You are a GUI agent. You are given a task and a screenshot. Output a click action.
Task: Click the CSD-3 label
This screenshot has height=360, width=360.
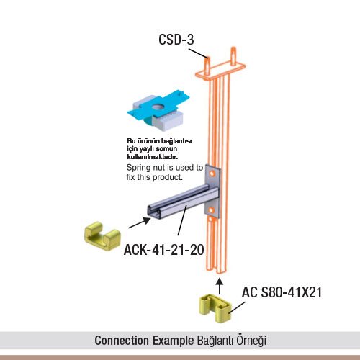(x=176, y=40)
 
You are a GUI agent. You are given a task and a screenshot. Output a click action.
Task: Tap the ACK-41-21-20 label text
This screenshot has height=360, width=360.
(x=164, y=250)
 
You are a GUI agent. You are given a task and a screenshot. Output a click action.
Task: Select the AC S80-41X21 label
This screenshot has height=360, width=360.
(x=282, y=292)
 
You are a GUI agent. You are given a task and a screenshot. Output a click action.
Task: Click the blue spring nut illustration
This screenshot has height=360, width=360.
(x=158, y=109)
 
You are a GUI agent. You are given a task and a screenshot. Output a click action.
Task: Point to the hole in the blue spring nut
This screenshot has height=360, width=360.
(x=158, y=106)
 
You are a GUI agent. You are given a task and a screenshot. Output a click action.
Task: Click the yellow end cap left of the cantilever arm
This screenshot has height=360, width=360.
(x=102, y=236)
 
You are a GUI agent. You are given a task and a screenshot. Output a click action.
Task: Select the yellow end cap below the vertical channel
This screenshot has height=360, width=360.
(x=215, y=308)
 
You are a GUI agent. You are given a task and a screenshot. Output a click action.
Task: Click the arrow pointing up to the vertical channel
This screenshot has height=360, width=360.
(x=220, y=286)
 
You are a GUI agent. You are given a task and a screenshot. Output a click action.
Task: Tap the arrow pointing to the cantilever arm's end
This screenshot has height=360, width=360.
(x=140, y=222)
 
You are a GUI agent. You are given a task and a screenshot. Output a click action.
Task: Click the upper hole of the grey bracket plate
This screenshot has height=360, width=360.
(x=212, y=174)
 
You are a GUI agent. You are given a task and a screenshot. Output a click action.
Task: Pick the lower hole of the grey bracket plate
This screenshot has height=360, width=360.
(x=211, y=210)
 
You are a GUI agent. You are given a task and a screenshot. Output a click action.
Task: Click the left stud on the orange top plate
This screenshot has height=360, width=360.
(x=207, y=66)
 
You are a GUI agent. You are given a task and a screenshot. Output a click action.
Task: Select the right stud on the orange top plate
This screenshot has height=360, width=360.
(x=233, y=56)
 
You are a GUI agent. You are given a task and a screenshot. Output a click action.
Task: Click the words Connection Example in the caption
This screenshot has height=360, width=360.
(x=144, y=341)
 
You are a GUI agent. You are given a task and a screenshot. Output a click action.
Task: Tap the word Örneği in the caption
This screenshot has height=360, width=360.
(x=251, y=341)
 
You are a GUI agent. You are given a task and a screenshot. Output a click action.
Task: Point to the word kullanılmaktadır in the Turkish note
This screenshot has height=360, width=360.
(x=153, y=157)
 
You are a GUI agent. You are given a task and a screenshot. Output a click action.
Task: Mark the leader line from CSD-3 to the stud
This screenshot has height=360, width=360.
(x=198, y=53)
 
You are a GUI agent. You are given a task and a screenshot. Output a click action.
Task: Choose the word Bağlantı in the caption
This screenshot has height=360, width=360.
(x=215, y=341)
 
